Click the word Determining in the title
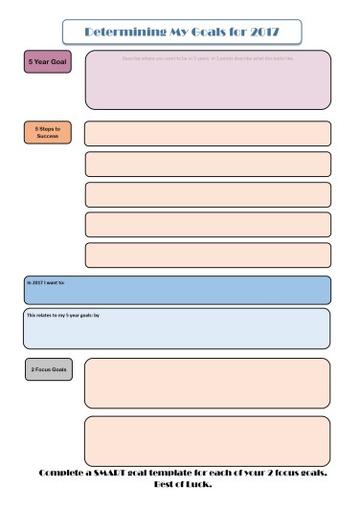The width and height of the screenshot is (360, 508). pos(117,32)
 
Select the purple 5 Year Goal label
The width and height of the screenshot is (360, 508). pos(47,62)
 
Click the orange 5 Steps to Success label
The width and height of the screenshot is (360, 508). pos(47,132)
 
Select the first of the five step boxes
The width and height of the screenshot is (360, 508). pos(208,133)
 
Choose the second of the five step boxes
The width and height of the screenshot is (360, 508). pos(208,164)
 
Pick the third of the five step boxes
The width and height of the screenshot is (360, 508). pos(208,194)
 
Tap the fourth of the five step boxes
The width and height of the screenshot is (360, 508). pos(208,225)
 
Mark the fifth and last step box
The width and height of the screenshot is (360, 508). pos(208,255)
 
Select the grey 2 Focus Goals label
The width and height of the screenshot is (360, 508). pos(48,369)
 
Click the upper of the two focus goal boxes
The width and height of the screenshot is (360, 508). pos(207,383)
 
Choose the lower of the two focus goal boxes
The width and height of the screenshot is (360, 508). pos(207,440)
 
